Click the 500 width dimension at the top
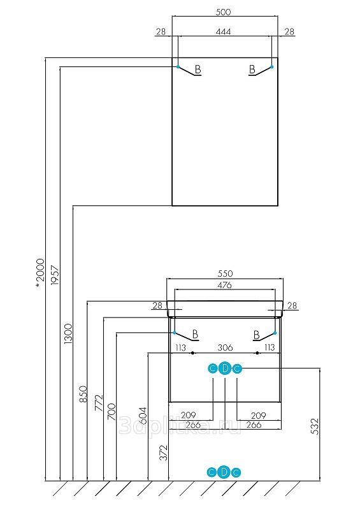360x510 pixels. tap(223, 12)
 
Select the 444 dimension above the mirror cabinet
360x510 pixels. tap(223, 31)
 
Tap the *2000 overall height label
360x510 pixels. tap(40, 273)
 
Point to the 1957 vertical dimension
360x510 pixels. tap(55, 275)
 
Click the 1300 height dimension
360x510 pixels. tap(69, 333)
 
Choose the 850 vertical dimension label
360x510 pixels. tap(83, 393)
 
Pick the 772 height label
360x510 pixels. tap(98, 403)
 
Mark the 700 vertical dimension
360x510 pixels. tap(112, 411)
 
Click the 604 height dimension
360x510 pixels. tap(143, 416)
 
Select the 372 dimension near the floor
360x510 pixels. tap(164, 453)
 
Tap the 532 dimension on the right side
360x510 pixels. tap(315, 426)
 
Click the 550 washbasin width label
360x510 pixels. tap(225, 273)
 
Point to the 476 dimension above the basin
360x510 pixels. tap(224, 285)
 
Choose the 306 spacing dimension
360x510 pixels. tap(225, 347)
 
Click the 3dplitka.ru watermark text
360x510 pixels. tap(180, 425)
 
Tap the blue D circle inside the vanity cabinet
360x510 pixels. tap(225, 368)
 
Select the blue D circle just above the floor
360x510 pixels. tap(224, 472)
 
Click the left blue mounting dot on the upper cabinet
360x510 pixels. tap(178, 67)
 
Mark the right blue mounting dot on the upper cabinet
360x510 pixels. tap(272, 67)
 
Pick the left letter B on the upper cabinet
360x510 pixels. tap(198, 69)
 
